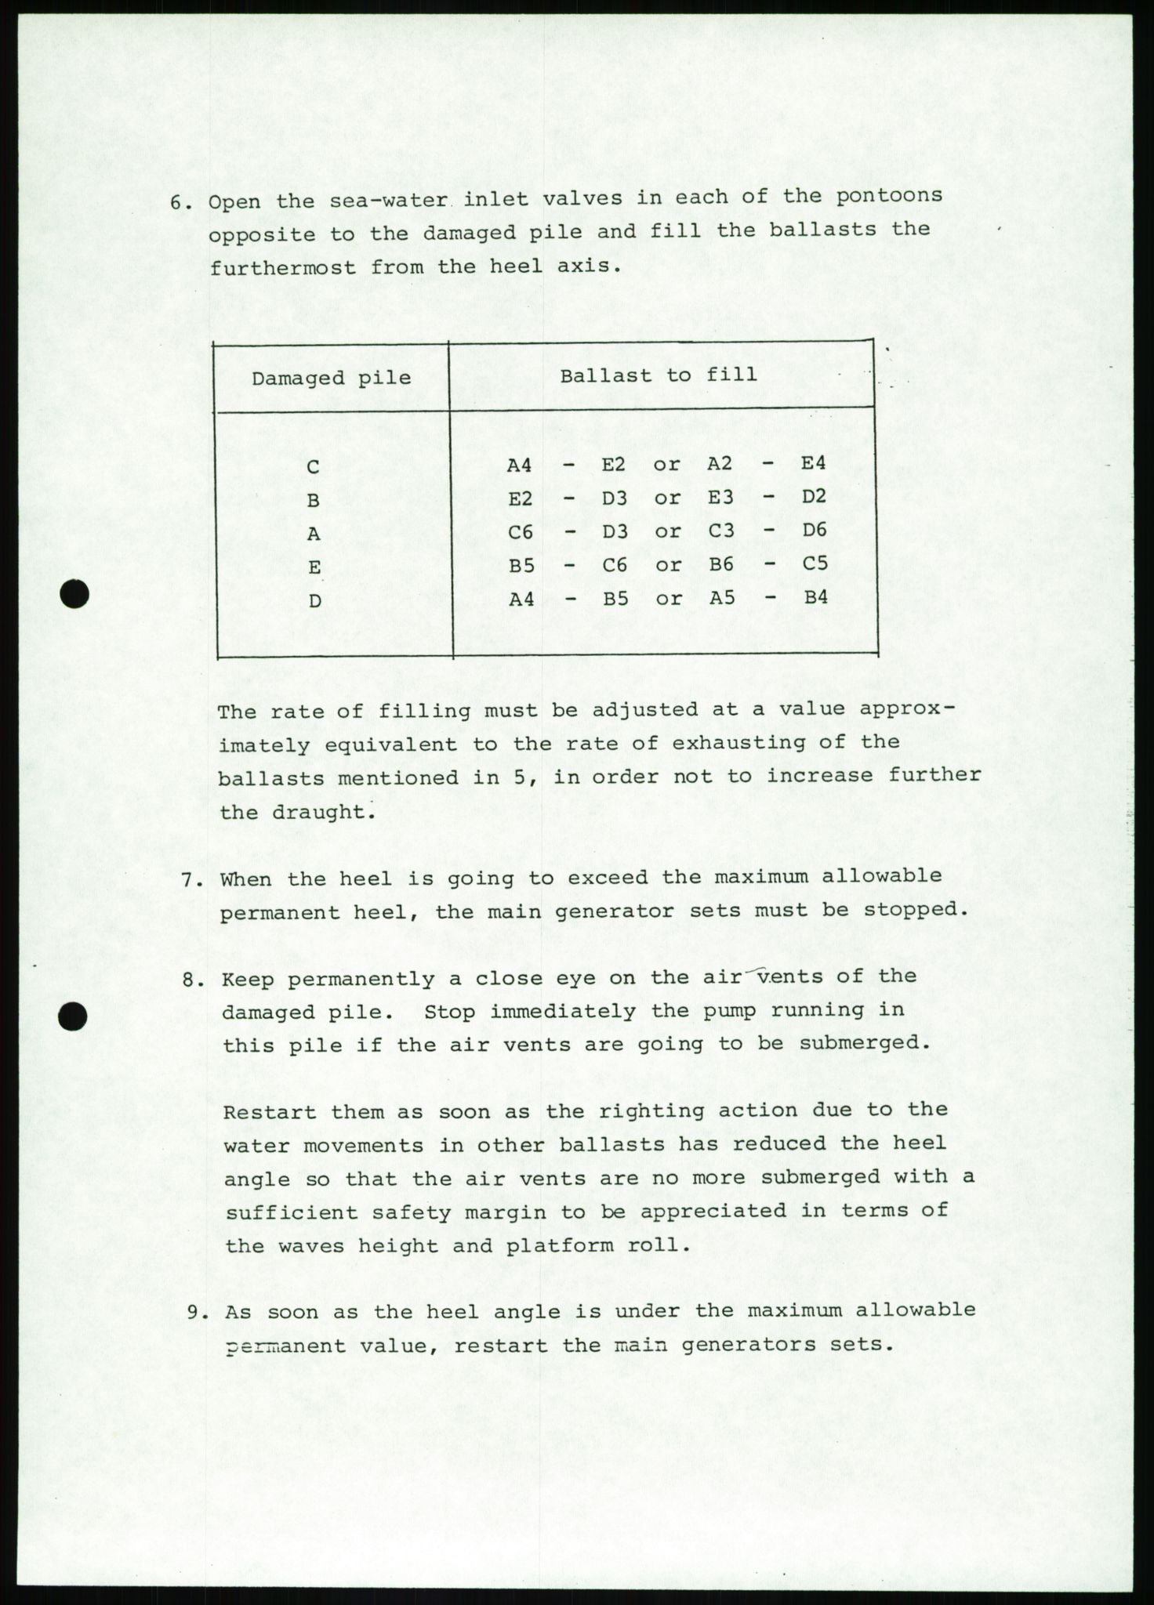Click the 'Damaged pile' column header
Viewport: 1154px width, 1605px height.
click(x=331, y=378)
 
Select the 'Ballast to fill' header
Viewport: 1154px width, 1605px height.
click(x=658, y=375)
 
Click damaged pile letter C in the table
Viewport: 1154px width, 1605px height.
click(x=313, y=467)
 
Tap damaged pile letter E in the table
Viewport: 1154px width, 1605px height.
click(x=314, y=567)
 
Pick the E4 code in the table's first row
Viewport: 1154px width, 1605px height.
click(x=813, y=462)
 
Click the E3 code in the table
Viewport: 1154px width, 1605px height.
click(x=720, y=497)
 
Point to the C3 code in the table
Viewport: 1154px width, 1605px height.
click(x=720, y=531)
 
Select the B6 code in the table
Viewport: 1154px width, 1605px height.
click(x=720, y=564)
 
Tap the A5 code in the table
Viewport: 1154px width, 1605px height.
click(x=720, y=598)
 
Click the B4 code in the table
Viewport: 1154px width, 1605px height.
click(x=815, y=597)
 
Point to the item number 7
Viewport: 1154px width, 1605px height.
click(x=191, y=879)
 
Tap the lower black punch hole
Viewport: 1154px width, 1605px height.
click(x=75, y=1017)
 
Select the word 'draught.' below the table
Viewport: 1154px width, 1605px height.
click(x=293, y=813)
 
